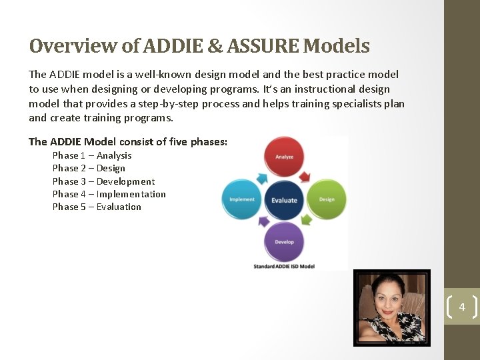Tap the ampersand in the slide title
pos(216,46)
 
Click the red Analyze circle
pos(285,157)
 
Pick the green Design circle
pos(327,199)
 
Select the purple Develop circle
pos(285,241)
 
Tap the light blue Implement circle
pos(242,199)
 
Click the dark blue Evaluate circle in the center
pos(285,199)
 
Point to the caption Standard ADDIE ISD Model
pos(285,266)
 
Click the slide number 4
pos(462,307)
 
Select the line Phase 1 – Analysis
pos(92,155)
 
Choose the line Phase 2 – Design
pos(89,168)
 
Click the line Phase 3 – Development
pos(103,181)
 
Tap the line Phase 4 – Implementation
pos(109,194)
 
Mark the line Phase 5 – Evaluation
pos(97,207)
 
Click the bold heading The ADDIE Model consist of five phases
pos(128,141)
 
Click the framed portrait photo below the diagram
pos(391,308)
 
